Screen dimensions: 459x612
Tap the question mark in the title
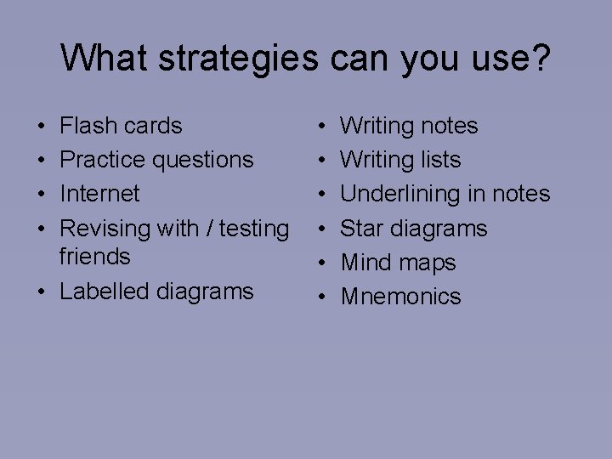pos(541,58)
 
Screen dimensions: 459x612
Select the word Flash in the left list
pos(88,126)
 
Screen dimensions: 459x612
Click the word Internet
pos(99,194)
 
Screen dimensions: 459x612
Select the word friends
pos(95,256)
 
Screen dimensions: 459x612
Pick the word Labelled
pos(105,291)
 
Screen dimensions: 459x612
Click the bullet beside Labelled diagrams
pos(41,292)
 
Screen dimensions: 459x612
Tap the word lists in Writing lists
pos(439,160)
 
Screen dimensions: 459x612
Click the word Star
pos(363,229)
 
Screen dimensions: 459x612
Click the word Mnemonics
pos(401,297)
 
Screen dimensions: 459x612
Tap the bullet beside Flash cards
pos(41,127)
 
